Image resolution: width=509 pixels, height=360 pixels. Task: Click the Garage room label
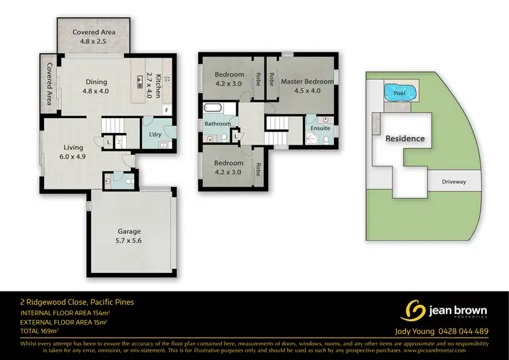tap(133, 230)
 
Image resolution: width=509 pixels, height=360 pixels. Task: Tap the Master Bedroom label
tap(307, 82)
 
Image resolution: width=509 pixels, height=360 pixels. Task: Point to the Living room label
tap(73, 147)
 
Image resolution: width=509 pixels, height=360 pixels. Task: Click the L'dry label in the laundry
tap(155, 134)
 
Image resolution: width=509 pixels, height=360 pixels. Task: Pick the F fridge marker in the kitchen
tap(167, 109)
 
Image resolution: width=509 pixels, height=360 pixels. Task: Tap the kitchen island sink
tap(142, 78)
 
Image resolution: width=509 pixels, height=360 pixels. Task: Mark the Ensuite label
tap(320, 128)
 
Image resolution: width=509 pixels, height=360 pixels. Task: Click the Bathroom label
tap(218, 124)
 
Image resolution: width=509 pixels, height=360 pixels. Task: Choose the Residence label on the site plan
tap(405, 139)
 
